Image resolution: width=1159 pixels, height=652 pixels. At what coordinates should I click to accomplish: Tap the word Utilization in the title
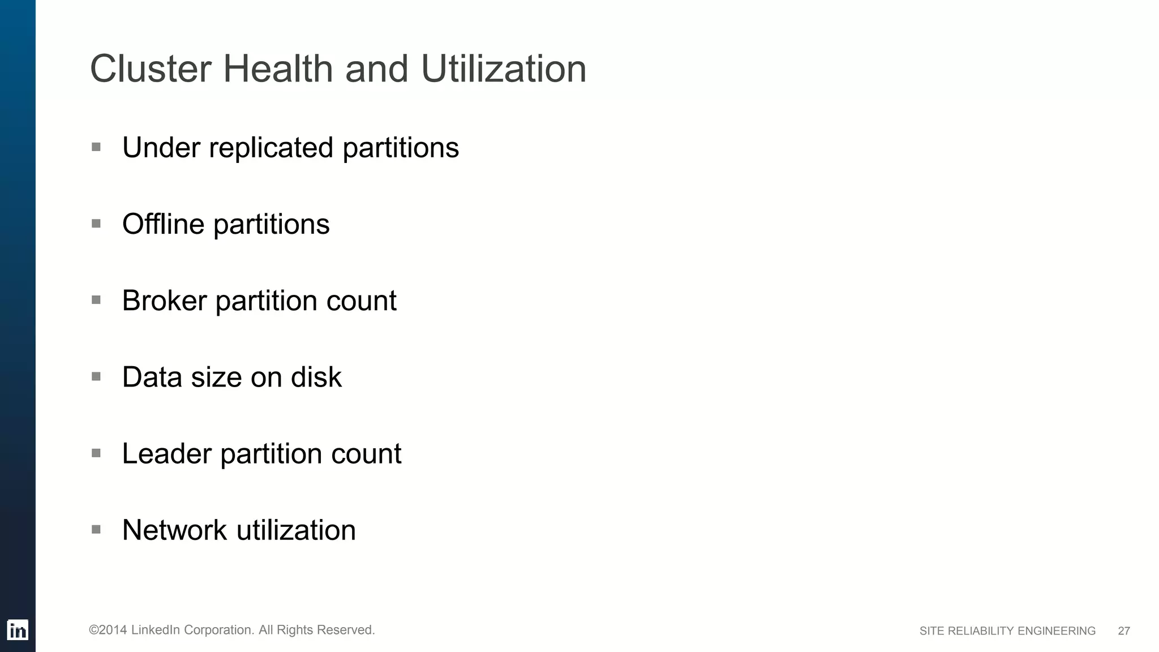pyautogui.click(x=503, y=69)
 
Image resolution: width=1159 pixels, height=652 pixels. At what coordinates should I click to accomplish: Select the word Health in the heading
pyautogui.click(x=278, y=69)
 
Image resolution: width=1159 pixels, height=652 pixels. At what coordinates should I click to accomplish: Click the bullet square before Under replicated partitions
pyautogui.click(x=96, y=147)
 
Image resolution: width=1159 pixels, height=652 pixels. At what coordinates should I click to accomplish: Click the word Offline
pyautogui.click(x=163, y=224)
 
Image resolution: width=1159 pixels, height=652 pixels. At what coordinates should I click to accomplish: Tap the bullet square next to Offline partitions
pyautogui.click(x=96, y=224)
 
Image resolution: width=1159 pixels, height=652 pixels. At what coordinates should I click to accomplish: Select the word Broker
pyautogui.click(x=164, y=301)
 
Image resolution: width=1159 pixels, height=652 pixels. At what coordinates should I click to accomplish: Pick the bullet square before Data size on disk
pyautogui.click(x=96, y=376)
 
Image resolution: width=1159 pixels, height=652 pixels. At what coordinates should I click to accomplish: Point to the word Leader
pyautogui.click(x=167, y=453)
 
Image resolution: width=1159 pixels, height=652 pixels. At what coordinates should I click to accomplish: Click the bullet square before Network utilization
pyautogui.click(x=96, y=530)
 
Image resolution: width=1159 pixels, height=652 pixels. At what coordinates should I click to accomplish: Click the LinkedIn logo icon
pyautogui.click(x=18, y=630)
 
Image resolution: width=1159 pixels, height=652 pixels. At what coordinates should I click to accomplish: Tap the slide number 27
pyautogui.click(x=1124, y=631)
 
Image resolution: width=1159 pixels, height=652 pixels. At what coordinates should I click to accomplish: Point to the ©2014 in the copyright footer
pyautogui.click(x=108, y=630)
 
